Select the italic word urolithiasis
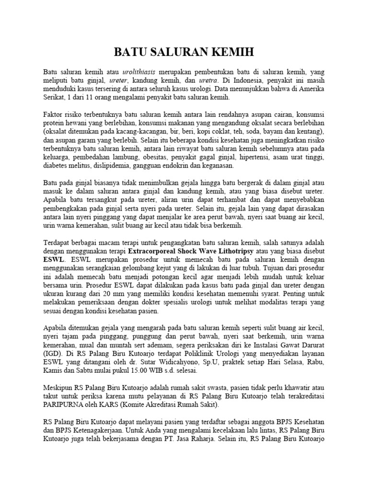point(139,71)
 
